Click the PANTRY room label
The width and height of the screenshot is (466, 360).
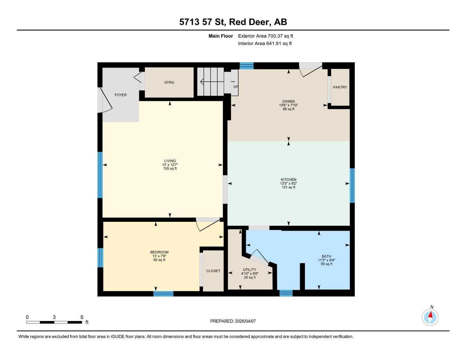(x=340, y=87)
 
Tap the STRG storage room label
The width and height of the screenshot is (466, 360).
(x=169, y=83)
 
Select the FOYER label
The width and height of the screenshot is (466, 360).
(x=121, y=95)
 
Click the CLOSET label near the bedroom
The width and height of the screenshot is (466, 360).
(x=213, y=271)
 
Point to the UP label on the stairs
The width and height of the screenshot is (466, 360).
(x=236, y=86)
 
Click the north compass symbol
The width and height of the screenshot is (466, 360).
(x=430, y=317)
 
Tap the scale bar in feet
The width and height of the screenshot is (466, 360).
(x=54, y=322)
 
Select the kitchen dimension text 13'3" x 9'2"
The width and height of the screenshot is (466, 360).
(x=288, y=184)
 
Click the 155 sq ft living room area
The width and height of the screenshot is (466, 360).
(x=170, y=169)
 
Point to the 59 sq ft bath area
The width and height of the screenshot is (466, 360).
(x=326, y=264)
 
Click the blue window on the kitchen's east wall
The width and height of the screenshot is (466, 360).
(x=352, y=185)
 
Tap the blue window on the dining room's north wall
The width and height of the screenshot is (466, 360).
(x=247, y=66)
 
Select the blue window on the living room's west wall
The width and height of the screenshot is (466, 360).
(x=100, y=175)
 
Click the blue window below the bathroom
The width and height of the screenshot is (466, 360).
(x=286, y=293)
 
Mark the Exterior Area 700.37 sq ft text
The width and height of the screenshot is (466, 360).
(x=266, y=36)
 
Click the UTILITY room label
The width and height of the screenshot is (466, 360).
(x=250, y=270)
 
